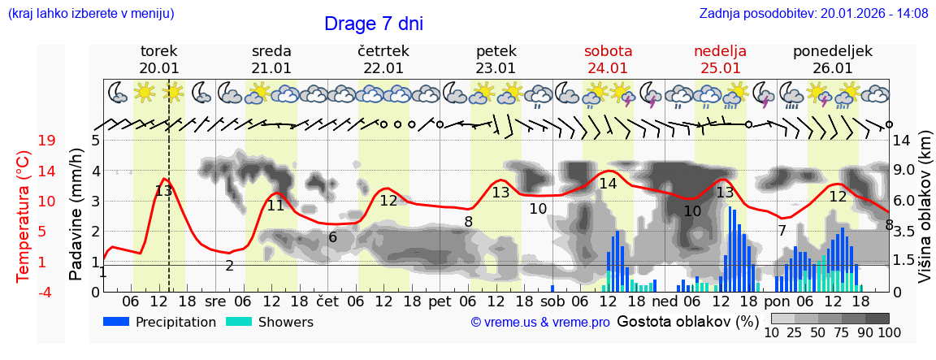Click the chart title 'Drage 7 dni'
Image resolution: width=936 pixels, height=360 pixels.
point(373,24)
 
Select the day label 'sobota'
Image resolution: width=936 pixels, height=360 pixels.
point(608,51)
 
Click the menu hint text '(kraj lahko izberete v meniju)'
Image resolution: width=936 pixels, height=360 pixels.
point(91,14)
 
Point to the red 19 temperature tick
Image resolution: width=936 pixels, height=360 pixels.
point(47,141)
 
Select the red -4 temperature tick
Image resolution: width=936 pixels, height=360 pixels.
point(47,292)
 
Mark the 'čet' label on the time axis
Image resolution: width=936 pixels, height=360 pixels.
point(327,300)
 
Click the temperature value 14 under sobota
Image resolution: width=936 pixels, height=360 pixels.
point(608,184)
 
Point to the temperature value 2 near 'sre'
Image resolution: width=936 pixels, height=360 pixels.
point(230,266)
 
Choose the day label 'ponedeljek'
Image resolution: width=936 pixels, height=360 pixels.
point(833,51)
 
